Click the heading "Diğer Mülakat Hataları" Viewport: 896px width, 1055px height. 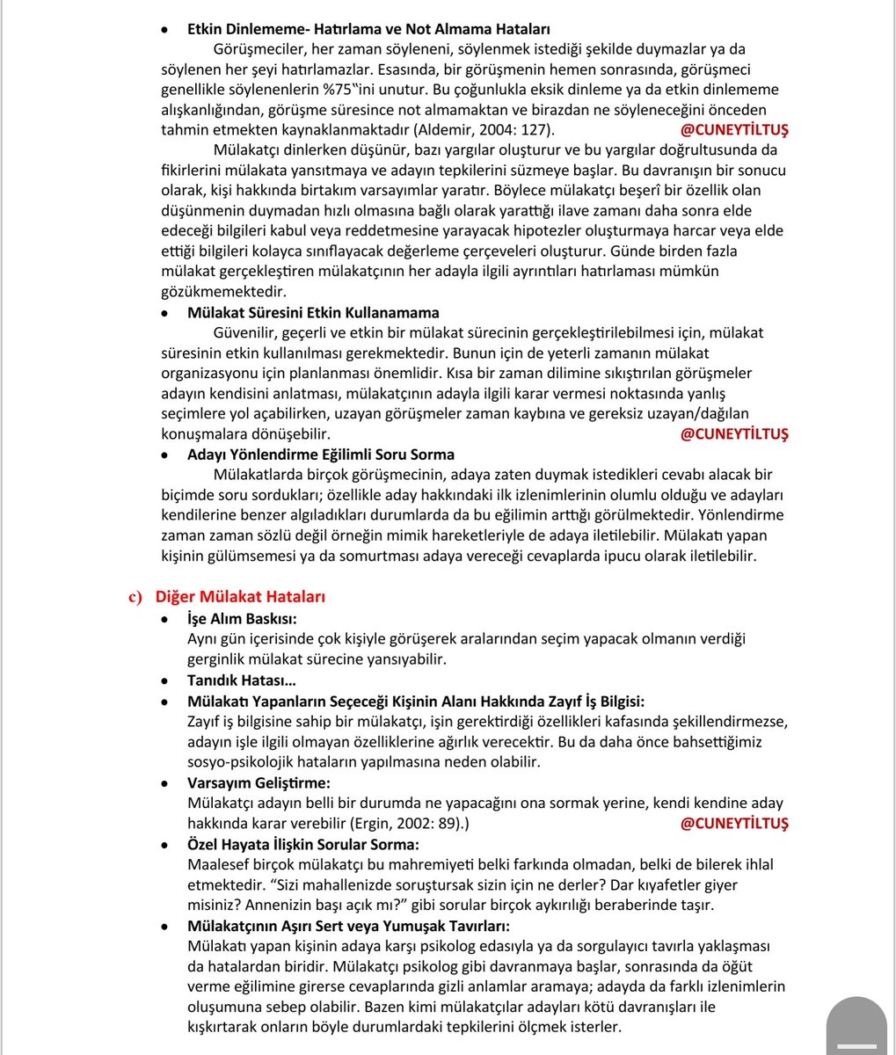[240, 597]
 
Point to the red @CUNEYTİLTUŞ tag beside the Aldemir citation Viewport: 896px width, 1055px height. [734, 129]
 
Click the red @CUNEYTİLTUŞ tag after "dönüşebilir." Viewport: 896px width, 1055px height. [734, 434]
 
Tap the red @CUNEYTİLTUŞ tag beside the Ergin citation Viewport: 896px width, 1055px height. [734, 823]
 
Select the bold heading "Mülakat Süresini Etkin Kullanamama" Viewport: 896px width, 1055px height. [313, 312]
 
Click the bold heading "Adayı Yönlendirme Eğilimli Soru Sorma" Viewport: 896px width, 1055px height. [320, 455]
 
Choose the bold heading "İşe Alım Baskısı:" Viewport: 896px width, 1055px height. [242, 618]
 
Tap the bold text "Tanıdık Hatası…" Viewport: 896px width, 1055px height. [241, 680]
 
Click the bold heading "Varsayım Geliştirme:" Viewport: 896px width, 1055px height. [259, 782]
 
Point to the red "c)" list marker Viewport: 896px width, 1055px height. [136, 597]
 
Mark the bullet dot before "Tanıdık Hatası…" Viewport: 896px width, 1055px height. [164, 680]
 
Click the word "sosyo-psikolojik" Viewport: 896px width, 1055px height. [240, 761]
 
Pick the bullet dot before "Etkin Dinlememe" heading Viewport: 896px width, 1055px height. [164, 30]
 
